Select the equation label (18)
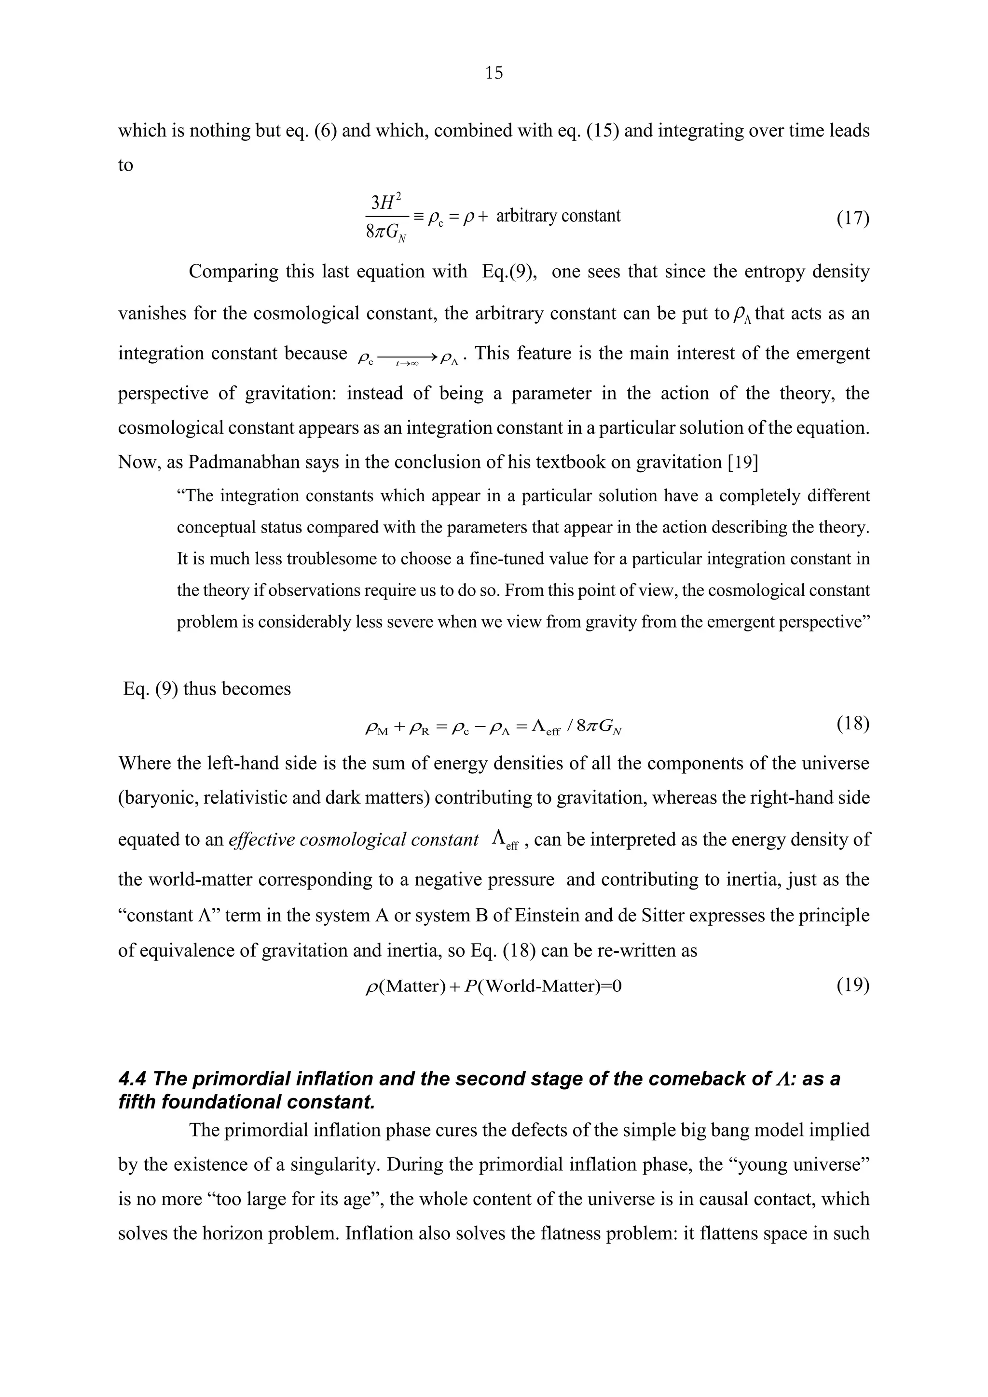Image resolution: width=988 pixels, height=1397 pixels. [852, 724]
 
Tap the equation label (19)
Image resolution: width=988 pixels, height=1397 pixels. [852, 985]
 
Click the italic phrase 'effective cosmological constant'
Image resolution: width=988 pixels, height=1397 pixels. [354, 840]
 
